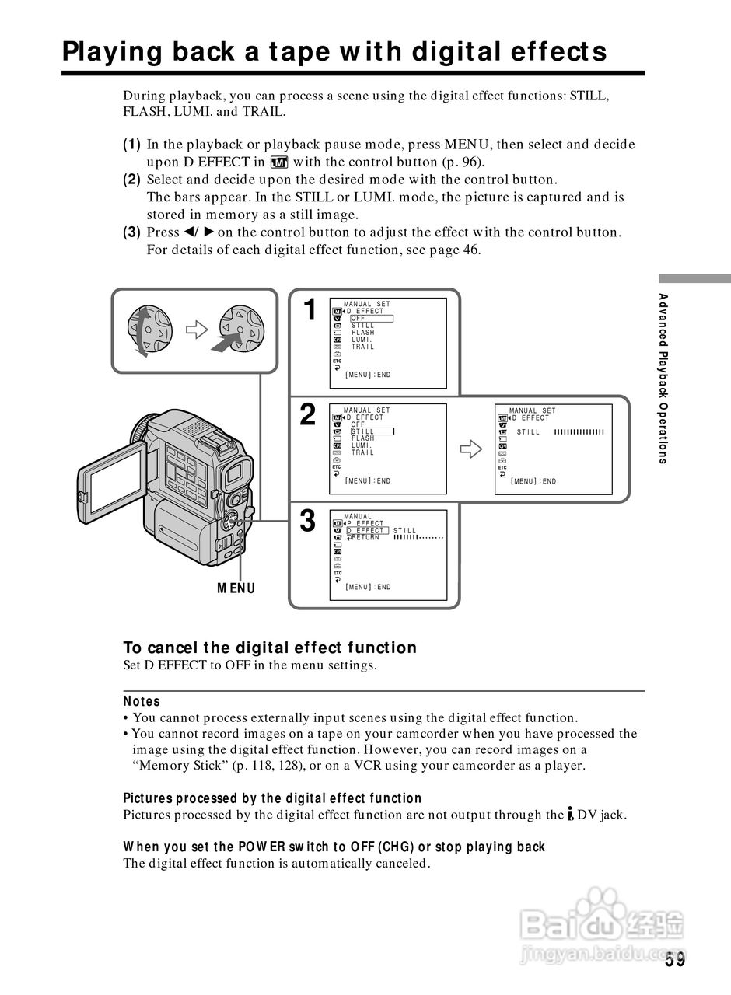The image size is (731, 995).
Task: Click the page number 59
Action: (x=675, y=960)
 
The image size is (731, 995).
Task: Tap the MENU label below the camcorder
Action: (x=236, y=588)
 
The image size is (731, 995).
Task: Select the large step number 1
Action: (x=310, y=310)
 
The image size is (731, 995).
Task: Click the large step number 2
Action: (x=309, y=415)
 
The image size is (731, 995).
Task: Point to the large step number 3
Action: (x=309, y=521)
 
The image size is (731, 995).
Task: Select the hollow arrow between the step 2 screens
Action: (x=471, y=449)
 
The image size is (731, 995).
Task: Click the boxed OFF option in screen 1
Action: (x=371, y=318)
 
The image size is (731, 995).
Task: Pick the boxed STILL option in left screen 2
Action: (x=371, y=431)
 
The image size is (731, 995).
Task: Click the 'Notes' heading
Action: (x=142, y=701)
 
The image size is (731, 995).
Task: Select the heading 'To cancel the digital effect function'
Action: (x=270, y=648)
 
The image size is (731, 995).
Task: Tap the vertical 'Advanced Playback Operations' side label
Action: (x=663, y=378)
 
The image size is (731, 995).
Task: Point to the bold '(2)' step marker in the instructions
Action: (x=131, y=180)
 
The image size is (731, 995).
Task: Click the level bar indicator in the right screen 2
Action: (x=579, y=432)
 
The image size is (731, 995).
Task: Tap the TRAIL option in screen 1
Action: (x=362, y=347)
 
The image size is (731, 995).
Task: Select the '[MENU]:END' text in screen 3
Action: (x=368, y=587)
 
